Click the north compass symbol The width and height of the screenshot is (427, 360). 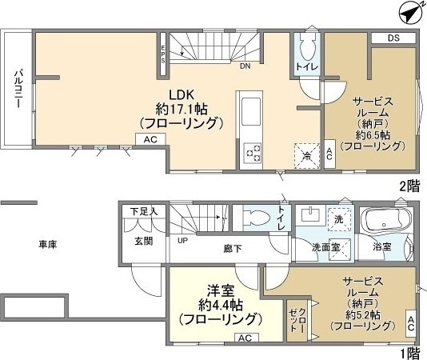pos(410,12)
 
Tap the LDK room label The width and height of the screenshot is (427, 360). pos(178,93)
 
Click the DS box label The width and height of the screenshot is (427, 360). pos(393,38)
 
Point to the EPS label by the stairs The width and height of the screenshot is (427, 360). pos(163,54)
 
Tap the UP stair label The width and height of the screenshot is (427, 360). pos(183,240)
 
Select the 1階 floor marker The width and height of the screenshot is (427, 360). pos(409,351)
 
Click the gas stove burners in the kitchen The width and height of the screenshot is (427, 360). pos(253,150)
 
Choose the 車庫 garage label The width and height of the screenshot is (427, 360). pos(49,242)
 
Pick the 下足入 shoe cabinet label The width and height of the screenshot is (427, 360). pos(144,211)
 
